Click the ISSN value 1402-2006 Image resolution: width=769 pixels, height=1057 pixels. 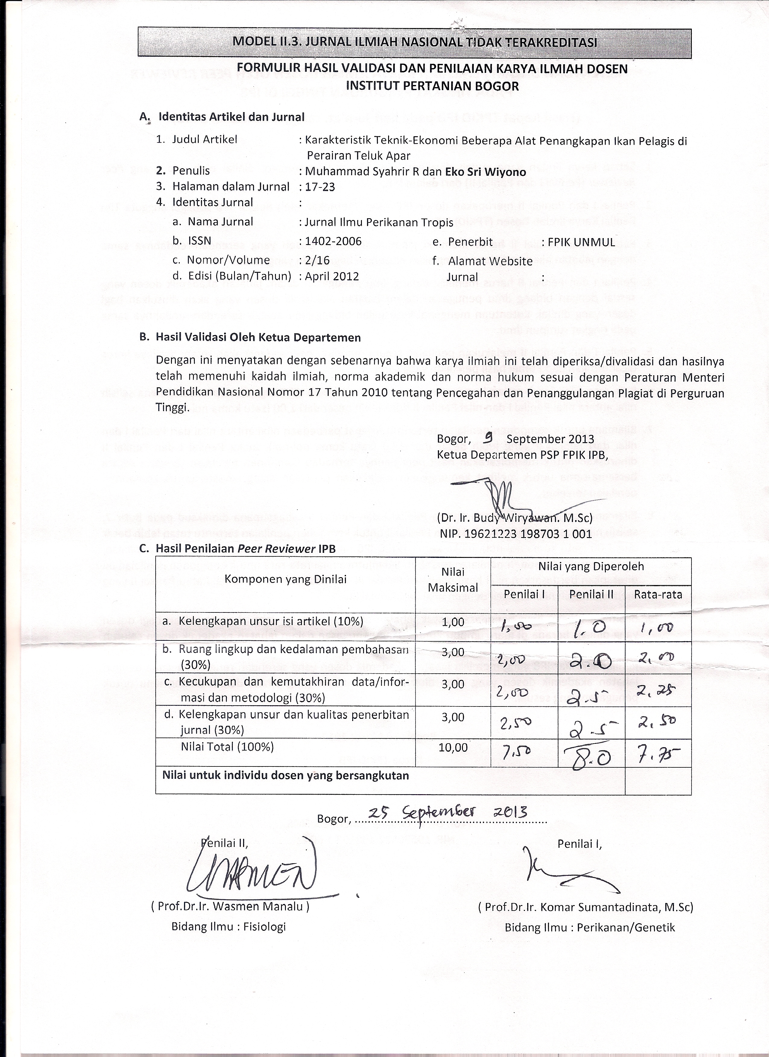(333, 241)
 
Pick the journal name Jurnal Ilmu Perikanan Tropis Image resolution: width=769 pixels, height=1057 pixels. (379, 222)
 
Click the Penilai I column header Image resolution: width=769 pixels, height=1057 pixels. (524, 594)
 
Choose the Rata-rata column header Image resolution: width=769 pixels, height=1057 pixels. (657, 594)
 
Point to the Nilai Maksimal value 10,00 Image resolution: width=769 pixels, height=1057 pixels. (453, 747)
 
